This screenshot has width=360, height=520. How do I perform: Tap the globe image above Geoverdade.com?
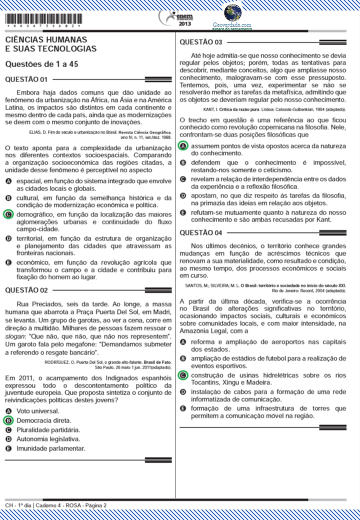pyautogui.click(x=233, y=12)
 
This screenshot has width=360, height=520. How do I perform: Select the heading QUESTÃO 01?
pyautogui.click(x=26, y=79)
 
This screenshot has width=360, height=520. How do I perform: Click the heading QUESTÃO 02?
pyautogui.click(x=26, y=290)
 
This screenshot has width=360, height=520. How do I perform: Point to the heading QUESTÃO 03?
pyautogui.click(x=200, y=41)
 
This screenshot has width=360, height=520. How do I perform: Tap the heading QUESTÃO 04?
pyautogui.click(x=200, y=232)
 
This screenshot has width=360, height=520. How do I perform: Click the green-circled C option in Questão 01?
pyautogui.click(x=8, y=214)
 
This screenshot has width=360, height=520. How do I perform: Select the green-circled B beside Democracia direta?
pyautogui.click(x=8, y=420)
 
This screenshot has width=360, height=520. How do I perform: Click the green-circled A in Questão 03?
pyautogui.click(x=183, y=145)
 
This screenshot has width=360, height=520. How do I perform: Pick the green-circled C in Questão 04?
pyautogui.click(x=183, y=375)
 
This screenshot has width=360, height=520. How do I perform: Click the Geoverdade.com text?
pyautogui.click(x=232, y=24)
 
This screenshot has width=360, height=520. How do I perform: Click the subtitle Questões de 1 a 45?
pyautogui.click(x=42, y=64)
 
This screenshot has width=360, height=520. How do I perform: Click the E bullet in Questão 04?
pyautogui.click(x=183, y=408)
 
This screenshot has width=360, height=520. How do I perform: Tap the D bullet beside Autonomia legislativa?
pyautogui.click(x=8, y=439)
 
